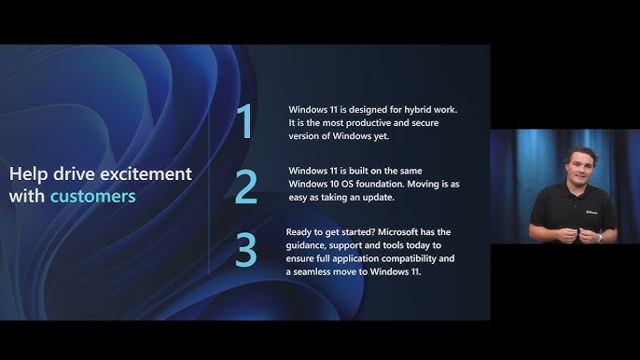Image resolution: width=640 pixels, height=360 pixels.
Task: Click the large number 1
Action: click(x=244, y=122)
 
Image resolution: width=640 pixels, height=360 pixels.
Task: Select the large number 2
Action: click(x=245, y=187)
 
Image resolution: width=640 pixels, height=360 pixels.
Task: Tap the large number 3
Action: click(x=245, y=250)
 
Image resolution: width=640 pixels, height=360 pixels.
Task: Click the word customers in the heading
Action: click(x=92, y=197)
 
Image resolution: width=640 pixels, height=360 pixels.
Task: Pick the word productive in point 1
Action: click(x=365, y=123)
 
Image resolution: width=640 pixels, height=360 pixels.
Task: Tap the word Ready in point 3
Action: click(x=300, y=231)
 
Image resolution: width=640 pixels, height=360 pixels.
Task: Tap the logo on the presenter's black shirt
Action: click(x=591, y=212)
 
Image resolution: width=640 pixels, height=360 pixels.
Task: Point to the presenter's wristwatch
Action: click(x=599, y=238)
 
